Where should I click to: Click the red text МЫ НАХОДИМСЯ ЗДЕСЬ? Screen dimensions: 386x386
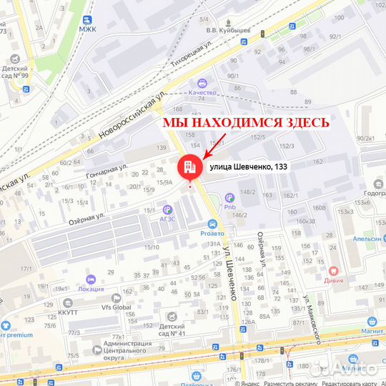click(246, 122)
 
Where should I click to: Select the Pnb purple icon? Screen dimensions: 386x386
click(229, 197)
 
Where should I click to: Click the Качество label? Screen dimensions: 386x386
click(203, 92)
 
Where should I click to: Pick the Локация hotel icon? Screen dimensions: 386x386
click(91, 279)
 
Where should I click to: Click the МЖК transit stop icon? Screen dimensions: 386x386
click(87, 20)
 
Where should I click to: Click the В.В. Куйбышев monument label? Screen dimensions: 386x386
click(227, 31)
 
